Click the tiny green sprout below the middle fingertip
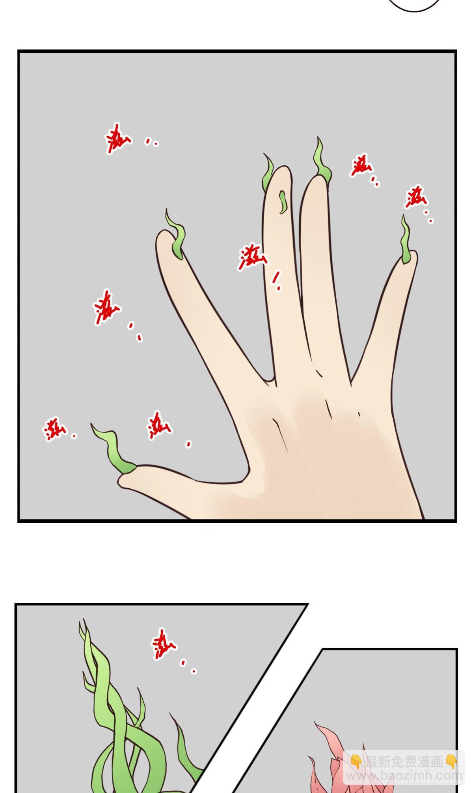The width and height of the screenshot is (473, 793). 283,201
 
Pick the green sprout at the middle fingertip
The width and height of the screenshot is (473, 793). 268,175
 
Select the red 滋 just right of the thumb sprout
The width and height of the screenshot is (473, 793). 158,426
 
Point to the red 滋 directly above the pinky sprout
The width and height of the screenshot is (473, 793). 416,197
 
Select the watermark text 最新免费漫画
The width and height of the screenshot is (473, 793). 404,762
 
